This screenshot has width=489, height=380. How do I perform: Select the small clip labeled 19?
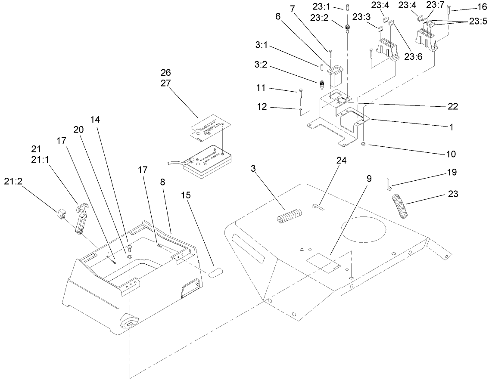coord(388,184)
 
